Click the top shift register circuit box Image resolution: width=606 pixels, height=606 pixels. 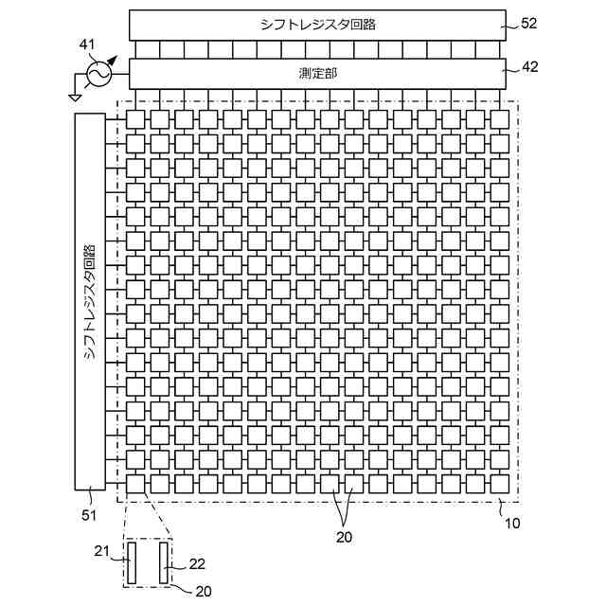click(x=318, y=25)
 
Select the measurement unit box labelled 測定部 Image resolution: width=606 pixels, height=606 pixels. click(x=318, y=72)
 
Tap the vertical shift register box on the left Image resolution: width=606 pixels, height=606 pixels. click(x=90, y=300)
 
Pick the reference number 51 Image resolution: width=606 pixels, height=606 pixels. click(x=89, y=514)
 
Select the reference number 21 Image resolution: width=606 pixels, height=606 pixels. click(x=103, y=552)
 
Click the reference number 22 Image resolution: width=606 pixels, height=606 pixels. click(x=197, y=563)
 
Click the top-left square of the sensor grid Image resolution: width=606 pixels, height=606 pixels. click(x=136, y=118)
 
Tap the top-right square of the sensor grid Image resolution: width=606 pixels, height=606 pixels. click(x=499, y=118)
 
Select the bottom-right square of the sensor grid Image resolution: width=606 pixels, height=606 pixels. click(x=499, y=483)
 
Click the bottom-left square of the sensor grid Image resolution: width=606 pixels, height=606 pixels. click(x=136, y=483)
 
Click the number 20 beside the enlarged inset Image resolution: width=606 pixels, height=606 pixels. click(x=203, y=592)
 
